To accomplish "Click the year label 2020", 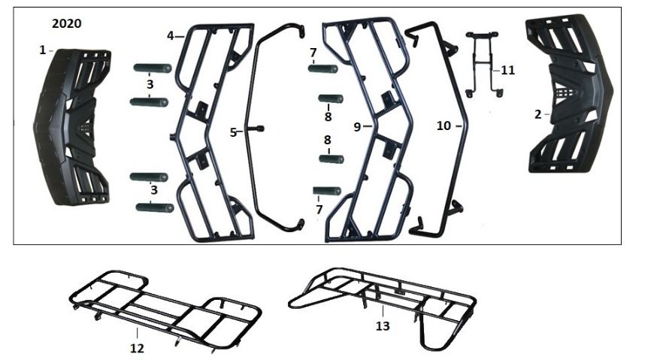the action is (x=67, y=23).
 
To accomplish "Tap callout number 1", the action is (x=42, y=50).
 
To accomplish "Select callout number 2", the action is (x=537, y=114).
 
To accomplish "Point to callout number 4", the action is (x=170, y=36).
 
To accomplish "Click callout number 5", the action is (x=233, y=133).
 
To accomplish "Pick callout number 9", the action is (x=358, y=127).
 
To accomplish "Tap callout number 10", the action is (x=443, y=126).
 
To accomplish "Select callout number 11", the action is (x=507, y=70).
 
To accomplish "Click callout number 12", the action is (x=137, y=349).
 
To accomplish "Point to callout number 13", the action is (x=383, y=326).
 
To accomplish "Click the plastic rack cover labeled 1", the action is (x=71, y=127).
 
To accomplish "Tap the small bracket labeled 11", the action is (x=483, y=63).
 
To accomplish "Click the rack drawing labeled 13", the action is (x=383, y=308).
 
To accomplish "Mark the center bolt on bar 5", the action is (x=259, y=129).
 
